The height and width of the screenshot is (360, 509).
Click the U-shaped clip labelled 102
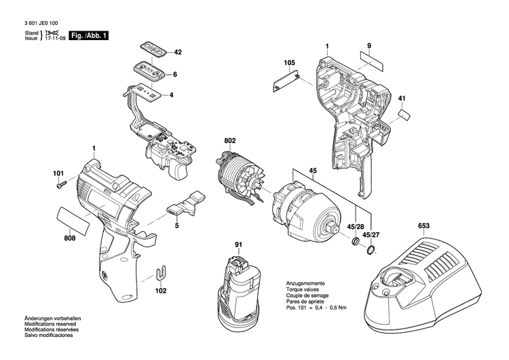pos(162,273)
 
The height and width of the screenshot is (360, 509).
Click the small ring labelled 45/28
pos(356,241)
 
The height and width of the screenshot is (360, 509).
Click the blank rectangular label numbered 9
pos(371,60)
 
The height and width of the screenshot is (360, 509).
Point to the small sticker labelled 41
pos(404,115)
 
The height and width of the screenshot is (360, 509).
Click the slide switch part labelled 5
pos(187,204)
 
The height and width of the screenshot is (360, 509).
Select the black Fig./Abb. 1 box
pos(90,35)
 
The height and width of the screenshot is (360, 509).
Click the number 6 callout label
pos(174,74)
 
